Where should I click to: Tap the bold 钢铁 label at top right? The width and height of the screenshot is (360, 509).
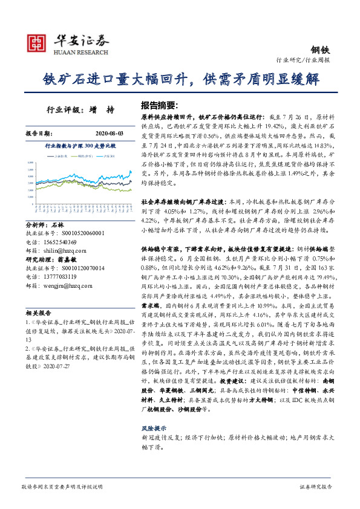point(321,50)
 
